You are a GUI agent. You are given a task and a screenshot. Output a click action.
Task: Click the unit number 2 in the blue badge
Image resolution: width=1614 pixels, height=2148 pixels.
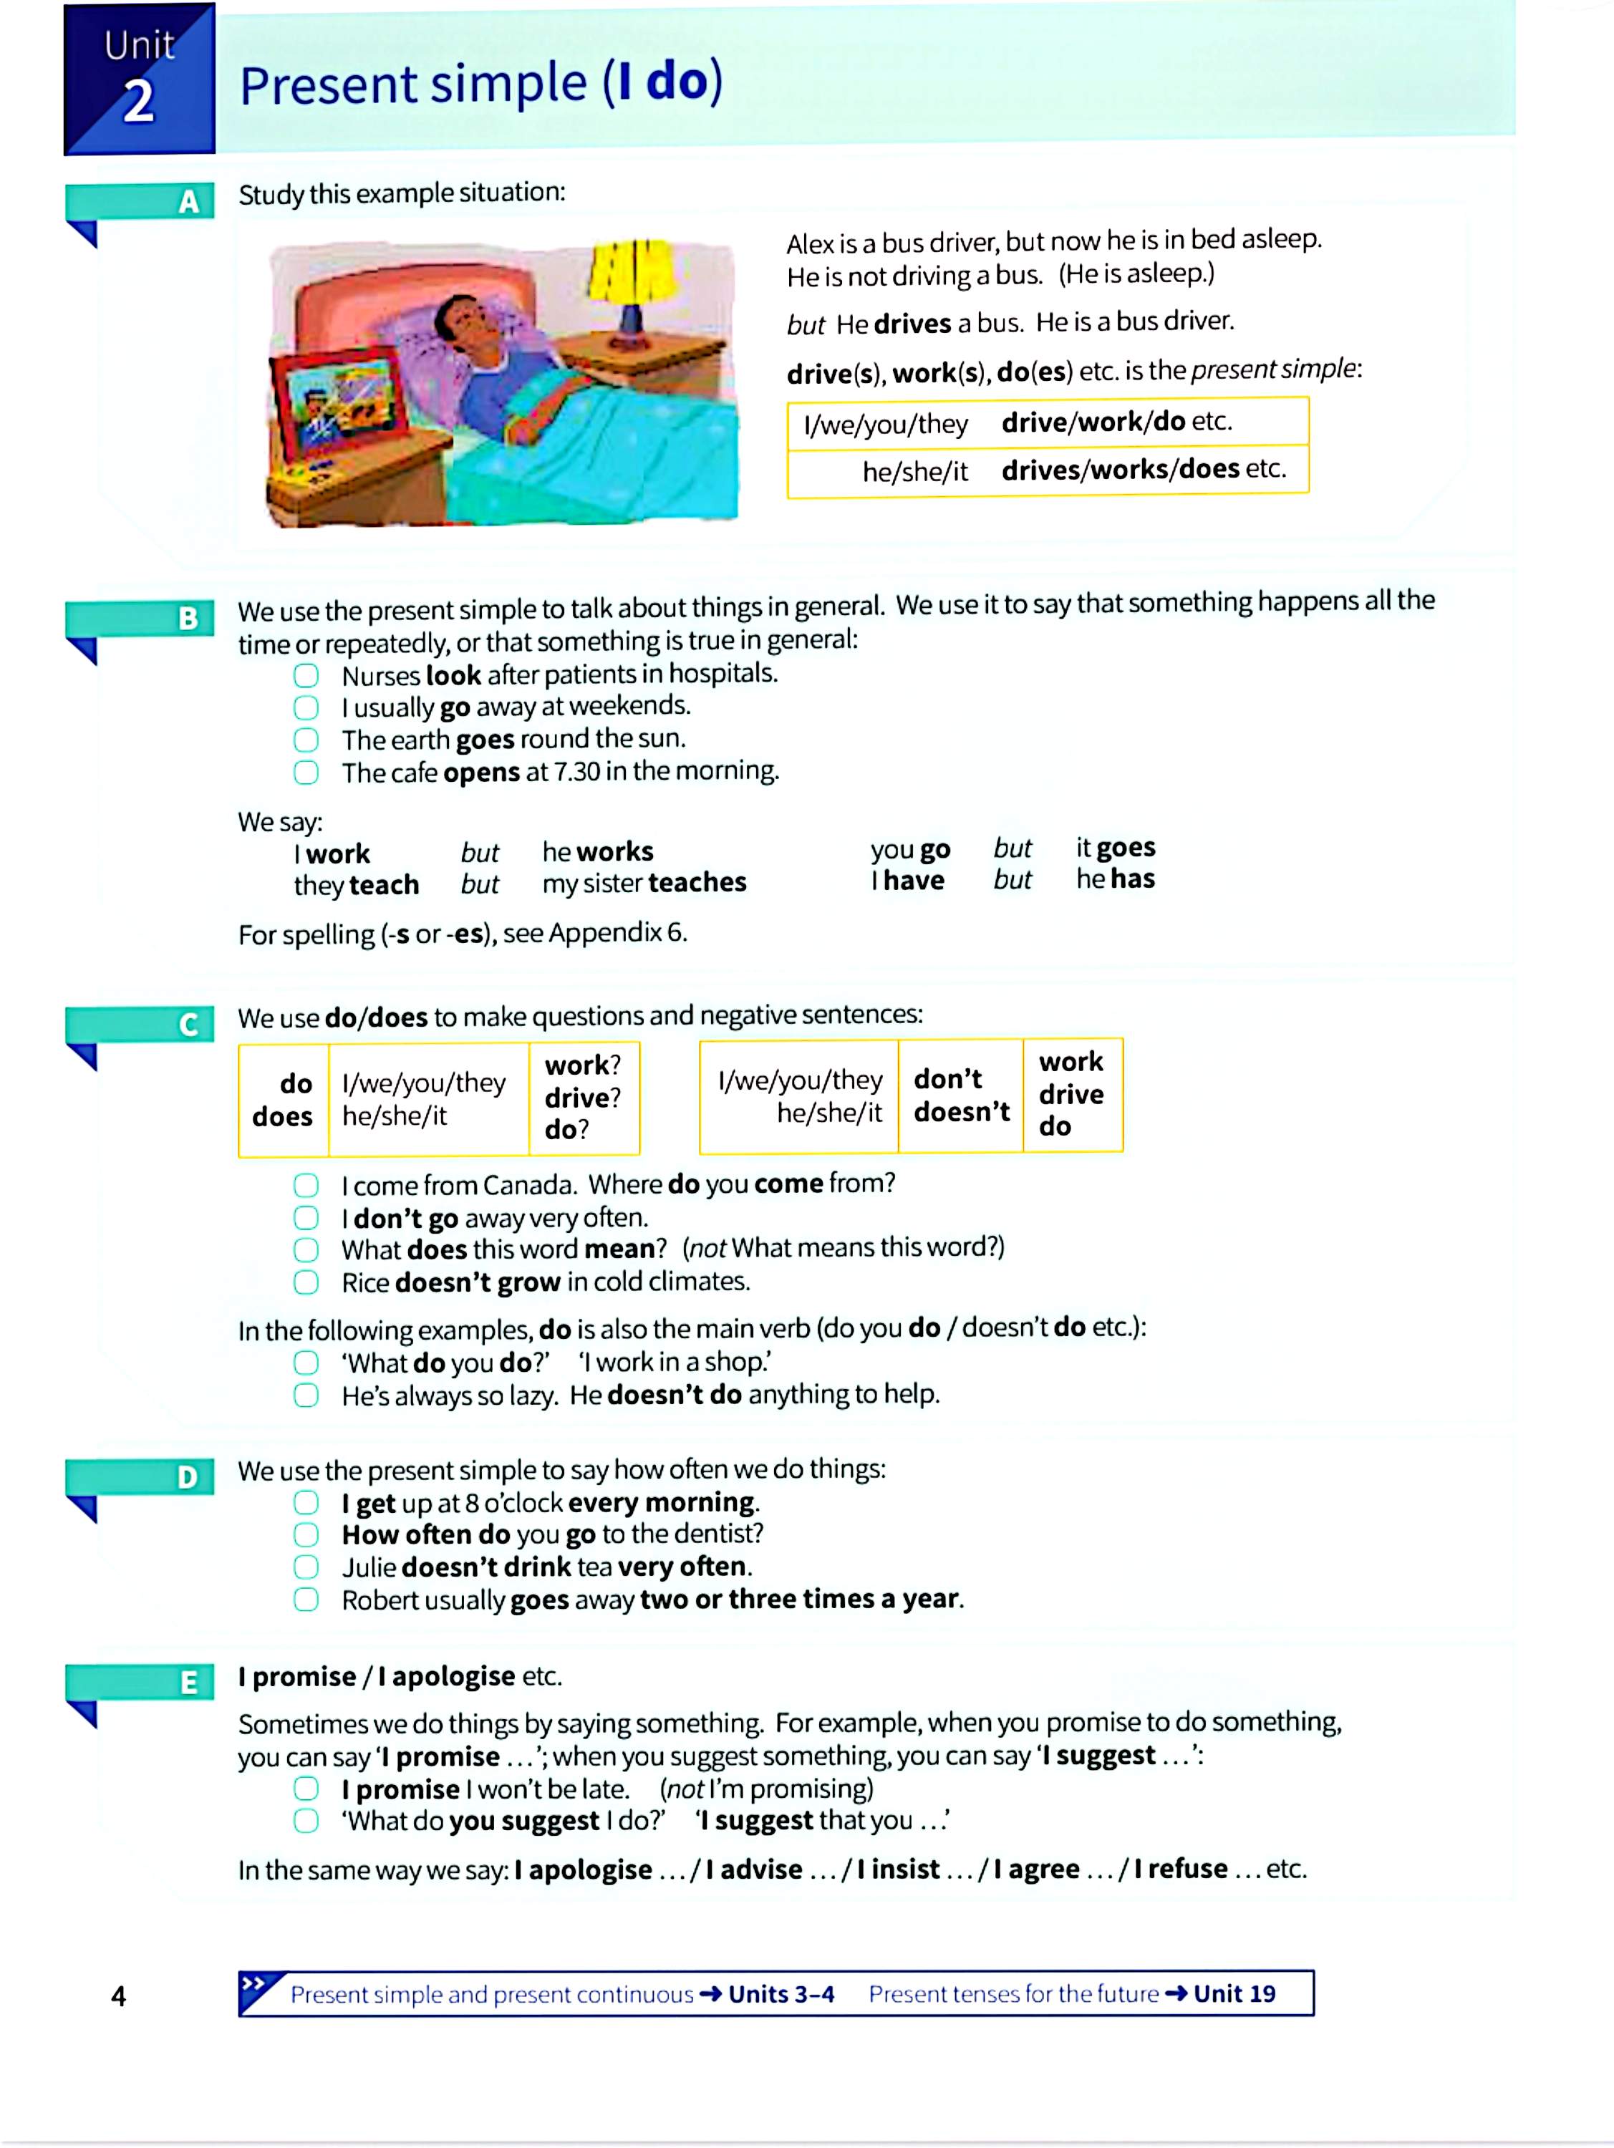[x=138, y=101]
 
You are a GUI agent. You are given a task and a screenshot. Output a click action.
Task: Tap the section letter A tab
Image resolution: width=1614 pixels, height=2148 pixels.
[x=188, y=202]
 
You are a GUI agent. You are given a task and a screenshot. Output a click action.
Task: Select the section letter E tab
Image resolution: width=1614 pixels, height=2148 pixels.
[x=188, y=1682]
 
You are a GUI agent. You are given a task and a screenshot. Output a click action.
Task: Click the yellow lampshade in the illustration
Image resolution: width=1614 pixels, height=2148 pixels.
[x=632, y=272]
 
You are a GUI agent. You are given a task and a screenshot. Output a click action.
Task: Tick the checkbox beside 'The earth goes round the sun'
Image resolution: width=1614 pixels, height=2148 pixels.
[x=306, y=740]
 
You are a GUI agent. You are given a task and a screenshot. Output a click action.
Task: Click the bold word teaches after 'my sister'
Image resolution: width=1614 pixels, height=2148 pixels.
[x=697, y=883]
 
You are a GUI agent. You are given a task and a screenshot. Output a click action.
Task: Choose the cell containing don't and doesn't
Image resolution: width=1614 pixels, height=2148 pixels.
[x=960, y=1095]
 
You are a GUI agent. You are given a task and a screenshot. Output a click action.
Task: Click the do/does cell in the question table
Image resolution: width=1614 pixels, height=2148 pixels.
[x=283, y=1100]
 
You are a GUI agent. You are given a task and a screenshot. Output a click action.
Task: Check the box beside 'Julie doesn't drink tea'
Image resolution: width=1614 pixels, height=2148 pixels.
[x=306, y=1567]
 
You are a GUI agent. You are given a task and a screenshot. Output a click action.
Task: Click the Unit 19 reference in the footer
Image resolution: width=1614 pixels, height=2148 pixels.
[x=1233, y=1993]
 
